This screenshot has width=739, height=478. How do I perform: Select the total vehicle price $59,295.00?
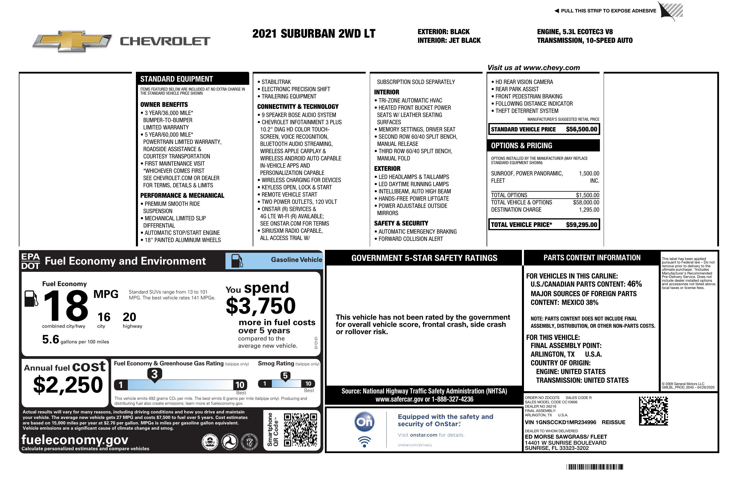581,225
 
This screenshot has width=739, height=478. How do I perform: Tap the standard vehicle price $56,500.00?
581,129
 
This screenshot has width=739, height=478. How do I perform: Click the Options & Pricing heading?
521,145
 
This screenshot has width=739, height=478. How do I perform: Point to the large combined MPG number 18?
66,306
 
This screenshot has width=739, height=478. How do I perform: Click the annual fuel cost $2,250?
68,385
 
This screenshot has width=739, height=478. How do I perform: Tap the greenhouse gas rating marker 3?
154,374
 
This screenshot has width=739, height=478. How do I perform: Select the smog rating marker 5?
285,376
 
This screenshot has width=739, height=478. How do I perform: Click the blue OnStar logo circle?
364,422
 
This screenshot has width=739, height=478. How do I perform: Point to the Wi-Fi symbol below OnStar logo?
364,442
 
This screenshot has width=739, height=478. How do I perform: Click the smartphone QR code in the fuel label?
300,430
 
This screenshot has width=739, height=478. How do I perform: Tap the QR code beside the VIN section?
653,411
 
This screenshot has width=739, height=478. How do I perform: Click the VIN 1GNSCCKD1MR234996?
560,422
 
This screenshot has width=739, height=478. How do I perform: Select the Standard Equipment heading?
176,79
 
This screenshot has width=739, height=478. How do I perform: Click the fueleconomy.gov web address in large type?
75,439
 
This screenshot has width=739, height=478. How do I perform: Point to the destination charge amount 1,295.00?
589,210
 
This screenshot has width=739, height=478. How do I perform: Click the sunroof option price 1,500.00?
589,173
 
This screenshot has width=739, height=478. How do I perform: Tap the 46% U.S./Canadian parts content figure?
634,284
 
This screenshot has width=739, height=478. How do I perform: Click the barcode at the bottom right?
594,467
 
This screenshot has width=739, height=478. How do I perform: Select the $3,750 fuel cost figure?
261,306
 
